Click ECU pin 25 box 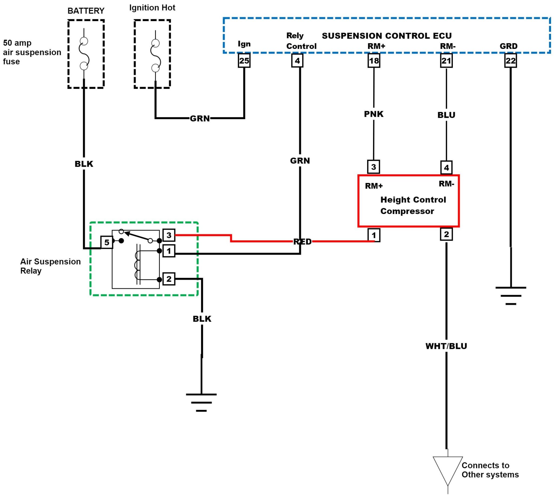[244, 61]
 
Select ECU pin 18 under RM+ [374, 61]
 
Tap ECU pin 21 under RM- [446, 61]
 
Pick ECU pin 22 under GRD [510, 61]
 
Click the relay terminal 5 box [107, 242]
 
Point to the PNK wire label [374, 114]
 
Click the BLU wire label [446, 115]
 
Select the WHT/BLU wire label [446, 346]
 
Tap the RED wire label [302, 242]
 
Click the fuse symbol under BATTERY [84, 53]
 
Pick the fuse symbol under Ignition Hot [155, 56]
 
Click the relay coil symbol [137, 265]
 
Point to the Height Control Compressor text [413, 205]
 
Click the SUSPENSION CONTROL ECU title [387, 36]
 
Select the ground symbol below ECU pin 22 [511, 296]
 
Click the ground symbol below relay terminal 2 [201, 402]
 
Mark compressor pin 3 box [374, 167]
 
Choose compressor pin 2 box [446, 235]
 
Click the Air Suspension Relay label [50, 266]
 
